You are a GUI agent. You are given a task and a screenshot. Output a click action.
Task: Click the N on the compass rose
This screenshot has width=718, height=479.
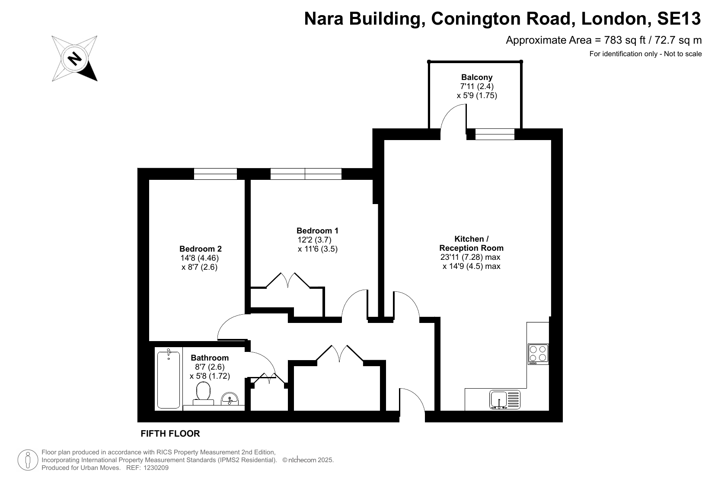click(75, 59)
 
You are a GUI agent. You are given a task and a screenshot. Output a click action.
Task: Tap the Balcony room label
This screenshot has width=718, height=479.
click(477, 77)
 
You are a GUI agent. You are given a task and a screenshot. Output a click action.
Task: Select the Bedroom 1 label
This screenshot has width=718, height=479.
click(317, 230)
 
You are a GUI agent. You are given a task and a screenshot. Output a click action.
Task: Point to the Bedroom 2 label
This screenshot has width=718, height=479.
click(200, 249)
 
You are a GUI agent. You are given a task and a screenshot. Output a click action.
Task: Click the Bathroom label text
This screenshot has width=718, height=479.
click(210, 358)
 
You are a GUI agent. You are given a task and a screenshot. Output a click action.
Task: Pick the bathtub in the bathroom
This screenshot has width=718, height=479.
click(169, 379)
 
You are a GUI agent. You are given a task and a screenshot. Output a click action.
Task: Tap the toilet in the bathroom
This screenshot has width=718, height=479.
click(203, 393)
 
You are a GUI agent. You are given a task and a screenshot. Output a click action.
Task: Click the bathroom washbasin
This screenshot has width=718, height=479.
click(230, 399)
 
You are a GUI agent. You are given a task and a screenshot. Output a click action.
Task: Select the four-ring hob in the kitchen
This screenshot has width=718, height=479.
click(538, 354)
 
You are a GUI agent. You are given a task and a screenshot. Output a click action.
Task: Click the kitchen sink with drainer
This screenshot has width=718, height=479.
click(504, 400)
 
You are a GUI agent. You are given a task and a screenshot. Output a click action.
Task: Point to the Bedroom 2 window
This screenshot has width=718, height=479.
click(215, 174)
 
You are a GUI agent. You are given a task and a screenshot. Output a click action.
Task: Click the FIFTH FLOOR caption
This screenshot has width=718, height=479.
click(170, 434)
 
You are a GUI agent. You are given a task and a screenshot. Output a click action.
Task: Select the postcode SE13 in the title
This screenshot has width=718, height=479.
click(679, 19)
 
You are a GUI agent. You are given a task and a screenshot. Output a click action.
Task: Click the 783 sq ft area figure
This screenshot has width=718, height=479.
click(625, 40)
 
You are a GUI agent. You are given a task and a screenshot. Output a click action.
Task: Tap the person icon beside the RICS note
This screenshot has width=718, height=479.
click(28, 460)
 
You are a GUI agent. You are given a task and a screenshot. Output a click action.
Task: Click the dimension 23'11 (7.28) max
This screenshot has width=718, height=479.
click(470, 257)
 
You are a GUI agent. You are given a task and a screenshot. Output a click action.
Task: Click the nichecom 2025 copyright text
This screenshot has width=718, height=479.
click(308, 460)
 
